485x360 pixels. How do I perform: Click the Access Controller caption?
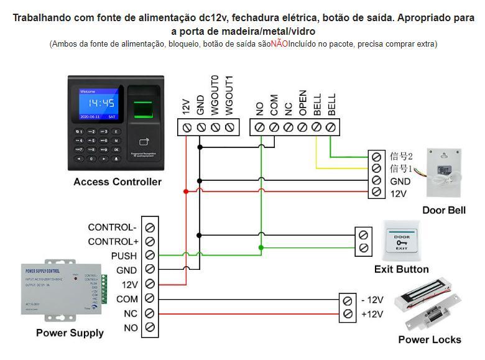pyautogui.click(x=118, y=182)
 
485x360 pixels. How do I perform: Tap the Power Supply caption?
pyautogui.click(x=70, y=333)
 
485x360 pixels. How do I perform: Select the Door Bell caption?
pyautogui.click(x=443, y=210)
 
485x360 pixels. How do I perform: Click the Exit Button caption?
pyautogui.click(x=401, y=269)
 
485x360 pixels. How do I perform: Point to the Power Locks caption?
pyautogui.click(x=430, y=339)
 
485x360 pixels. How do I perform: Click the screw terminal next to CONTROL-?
pyautogui.click(x=150, y=228)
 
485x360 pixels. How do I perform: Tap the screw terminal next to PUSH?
pyautogui.click(x=150, y=256)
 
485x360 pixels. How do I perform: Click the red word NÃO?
pyautogui.click(x=279, y=44)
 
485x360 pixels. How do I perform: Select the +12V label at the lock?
pyautogui.click(x=372, y=314)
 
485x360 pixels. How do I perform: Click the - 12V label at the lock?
pyautogui.click(x=372, y=300)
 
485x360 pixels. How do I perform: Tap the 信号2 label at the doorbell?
pyautogui.click(x=401, y=155)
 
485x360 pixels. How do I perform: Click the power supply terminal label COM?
pyautogui.click(x=127, y=299)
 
